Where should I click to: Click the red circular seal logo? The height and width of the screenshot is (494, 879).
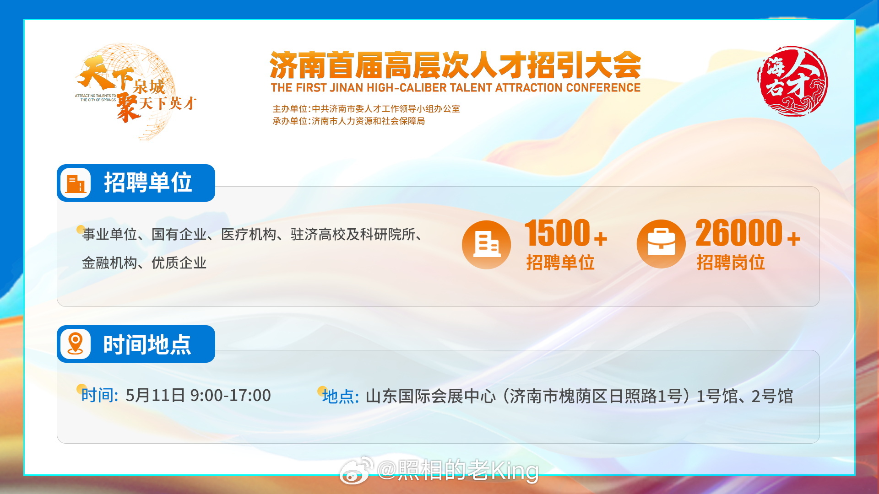(792, 81)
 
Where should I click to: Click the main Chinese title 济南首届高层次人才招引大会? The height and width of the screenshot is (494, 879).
(456, 65)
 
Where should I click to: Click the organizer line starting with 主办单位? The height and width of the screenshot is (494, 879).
(366, 109)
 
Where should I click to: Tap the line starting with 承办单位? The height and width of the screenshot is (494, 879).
(349, 121)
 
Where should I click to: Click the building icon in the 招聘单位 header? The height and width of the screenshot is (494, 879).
(76, 183)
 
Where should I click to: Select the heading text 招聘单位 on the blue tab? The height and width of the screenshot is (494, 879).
(148, 183)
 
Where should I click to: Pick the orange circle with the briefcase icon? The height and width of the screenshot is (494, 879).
(661, 244)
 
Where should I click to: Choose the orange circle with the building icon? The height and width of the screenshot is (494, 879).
(486, 245)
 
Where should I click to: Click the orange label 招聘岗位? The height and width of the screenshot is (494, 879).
(731, 263)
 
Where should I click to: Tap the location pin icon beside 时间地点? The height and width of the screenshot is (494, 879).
(76, 344)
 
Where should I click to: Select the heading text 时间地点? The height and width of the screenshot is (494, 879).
(147, 344)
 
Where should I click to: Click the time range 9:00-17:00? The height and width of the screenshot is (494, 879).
(230, 395)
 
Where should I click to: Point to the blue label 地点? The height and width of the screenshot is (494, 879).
(340, 396)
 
